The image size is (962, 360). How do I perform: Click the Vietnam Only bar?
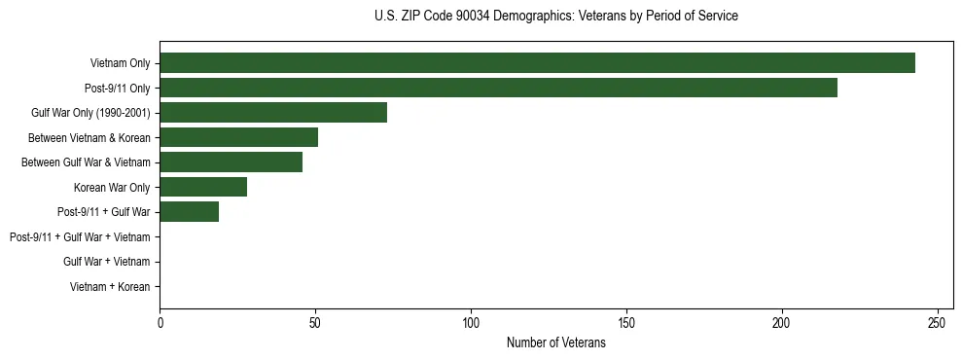tap(537, 63)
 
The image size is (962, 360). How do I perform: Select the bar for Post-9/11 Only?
tap(498, 88)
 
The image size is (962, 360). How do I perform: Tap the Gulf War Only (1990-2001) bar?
tap(273, 113)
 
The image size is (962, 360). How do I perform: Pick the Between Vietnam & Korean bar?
tap(238, 137)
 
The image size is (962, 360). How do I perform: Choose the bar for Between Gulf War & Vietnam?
tap(231, 162)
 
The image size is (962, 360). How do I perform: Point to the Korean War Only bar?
tap(203, 187)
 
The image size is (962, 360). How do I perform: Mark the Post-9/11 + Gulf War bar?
tap(189, 212)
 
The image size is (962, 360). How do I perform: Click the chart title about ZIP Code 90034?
tap(555, 17)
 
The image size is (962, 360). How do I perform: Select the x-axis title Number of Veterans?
tap(555, 342)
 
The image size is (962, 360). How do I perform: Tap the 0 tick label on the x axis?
tap(160, 322)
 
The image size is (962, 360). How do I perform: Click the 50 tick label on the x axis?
tap(315, 322)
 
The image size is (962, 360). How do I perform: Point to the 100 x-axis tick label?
tap(471, 322)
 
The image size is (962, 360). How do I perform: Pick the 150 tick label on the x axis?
tap(626, 322)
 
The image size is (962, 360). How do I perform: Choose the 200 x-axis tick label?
tap(782, 322)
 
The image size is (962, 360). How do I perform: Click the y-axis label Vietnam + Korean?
tap(110, 287)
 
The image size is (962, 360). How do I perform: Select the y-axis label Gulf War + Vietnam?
tap(106, 262)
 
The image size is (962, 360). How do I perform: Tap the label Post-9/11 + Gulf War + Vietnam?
tap(79, 237)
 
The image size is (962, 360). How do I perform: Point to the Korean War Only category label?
tap(112, 188)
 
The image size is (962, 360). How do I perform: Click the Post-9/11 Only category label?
tap(117, 89)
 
